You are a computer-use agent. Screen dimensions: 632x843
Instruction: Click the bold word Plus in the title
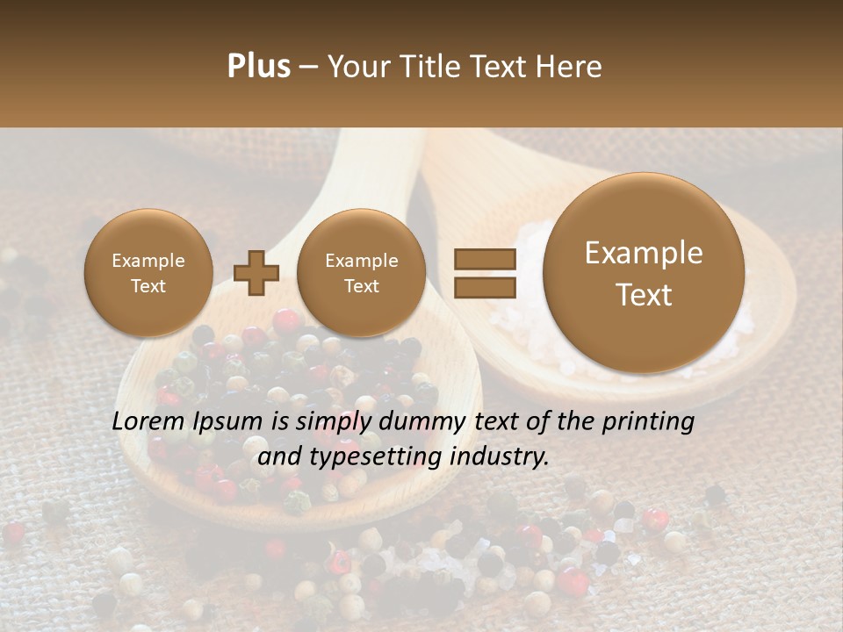tap(258, 67)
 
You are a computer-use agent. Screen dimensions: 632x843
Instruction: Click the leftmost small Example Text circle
tap(148, 273)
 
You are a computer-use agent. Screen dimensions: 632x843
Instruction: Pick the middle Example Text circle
tap(362, 273)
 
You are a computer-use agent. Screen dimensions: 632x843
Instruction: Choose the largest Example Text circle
tap(644, 273)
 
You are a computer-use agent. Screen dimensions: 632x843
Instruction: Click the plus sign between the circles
tap(256, 273)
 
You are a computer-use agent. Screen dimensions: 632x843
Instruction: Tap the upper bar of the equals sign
tap(484, 259)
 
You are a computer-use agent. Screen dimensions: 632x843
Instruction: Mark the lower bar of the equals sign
tap(484, 287)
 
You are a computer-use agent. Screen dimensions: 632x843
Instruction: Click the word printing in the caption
tap(648, 422)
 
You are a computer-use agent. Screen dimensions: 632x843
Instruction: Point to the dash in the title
tap(308, 67)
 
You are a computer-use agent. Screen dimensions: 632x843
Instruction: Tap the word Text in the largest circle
tap(644, 295)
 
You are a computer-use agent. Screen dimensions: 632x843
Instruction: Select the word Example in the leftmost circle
tap(148, 261)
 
